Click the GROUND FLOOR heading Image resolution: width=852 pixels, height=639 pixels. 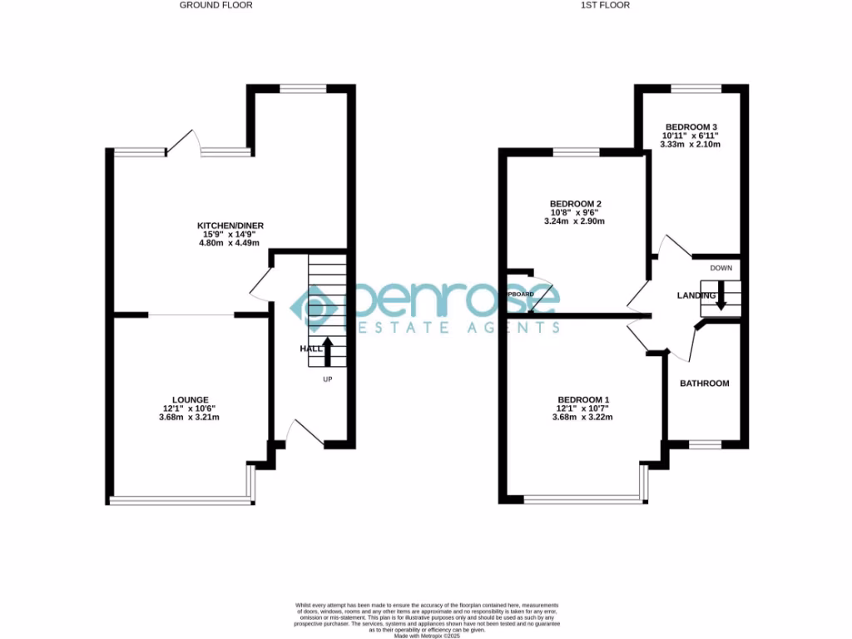pos(216,5)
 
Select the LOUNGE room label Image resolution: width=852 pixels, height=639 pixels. pos(191,399)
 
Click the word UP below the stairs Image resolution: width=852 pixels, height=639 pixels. pos(329,379)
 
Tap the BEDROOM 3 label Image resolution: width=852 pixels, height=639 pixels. pos(690,126)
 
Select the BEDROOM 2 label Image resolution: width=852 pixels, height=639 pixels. pos(575,204)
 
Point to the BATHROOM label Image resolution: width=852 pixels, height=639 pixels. pos(705,384)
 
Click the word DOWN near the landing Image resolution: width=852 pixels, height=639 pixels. pos(721,268)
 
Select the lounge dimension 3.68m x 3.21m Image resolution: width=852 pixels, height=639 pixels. pos(191,418)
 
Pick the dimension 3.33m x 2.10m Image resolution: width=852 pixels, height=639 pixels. pos(690,145)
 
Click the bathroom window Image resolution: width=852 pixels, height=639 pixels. pos(705,445)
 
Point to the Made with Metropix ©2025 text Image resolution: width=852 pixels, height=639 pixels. pos(425,635)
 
